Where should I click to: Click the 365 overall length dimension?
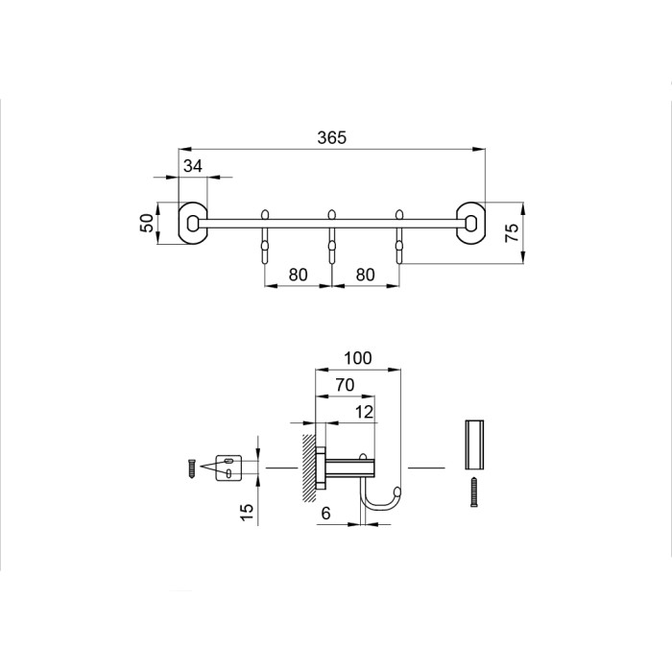[x=332, y=137]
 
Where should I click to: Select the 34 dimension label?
[x=192, y=165]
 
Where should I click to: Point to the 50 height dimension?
[x=147, y=223]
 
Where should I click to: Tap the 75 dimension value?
[x=512, y=232]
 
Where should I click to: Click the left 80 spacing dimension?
[x=298, y=275]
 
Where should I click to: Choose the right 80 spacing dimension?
[x=365, y=275]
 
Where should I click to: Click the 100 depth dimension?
[x=358, y=358]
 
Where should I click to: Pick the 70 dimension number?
[x=345, y=385]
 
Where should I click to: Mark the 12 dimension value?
[x=364, y=412]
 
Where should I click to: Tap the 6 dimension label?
[x=325, y=513]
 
